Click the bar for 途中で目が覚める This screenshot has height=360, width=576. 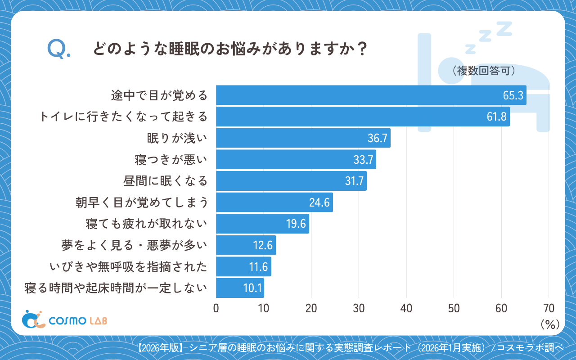tap(371, 95)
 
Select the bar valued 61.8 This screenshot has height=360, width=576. tap(363, 117)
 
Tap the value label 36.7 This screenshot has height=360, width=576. tap(377, 138)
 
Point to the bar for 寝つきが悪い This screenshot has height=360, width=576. tap(296, 159)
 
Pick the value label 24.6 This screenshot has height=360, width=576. tap(319, 202)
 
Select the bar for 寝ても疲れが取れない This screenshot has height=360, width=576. tap(262, 224)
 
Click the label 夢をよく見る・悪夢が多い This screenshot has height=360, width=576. tap(135, 245)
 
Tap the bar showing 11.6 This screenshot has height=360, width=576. tap(243, 266)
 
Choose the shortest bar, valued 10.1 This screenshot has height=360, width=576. tap(240, 288)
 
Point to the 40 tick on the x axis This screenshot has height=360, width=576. tap(406, 308)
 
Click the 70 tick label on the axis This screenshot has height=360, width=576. tap(549, 308)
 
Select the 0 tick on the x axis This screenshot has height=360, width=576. tap(216, 308)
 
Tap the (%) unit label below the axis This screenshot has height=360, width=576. tap(549, 324)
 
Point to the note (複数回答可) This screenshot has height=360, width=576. tap(481, 71)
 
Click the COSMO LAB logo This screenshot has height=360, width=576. tap(64, 320)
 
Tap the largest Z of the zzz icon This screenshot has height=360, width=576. tap(504, 28)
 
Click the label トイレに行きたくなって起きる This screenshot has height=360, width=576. tap(123, 117)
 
